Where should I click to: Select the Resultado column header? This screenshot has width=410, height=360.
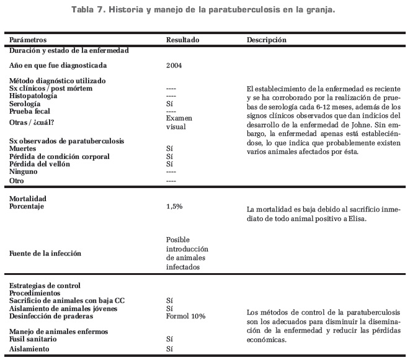183,39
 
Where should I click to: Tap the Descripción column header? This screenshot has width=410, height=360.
267,39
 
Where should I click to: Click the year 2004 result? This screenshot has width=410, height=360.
175,65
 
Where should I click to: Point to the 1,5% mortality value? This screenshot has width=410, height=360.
174,206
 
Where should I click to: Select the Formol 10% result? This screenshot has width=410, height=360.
185,316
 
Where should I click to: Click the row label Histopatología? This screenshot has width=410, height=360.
35,96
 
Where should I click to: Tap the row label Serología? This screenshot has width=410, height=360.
26,104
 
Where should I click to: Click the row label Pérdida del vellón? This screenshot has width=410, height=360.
40,164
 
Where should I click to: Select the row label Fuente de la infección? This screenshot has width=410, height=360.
45,253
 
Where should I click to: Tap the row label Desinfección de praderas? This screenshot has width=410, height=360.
48,316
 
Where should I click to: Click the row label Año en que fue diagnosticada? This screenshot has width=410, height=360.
54,65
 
